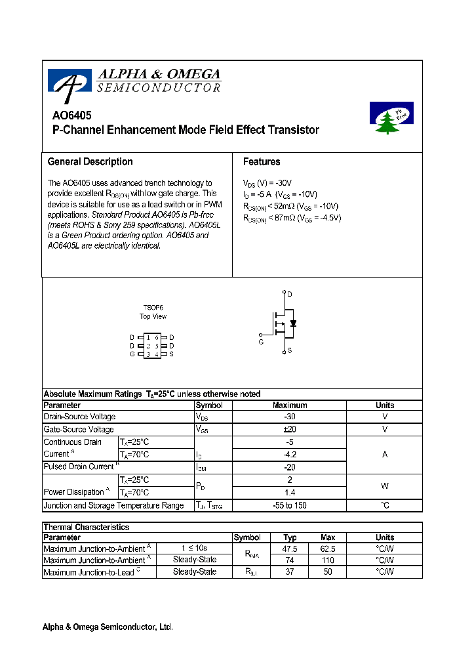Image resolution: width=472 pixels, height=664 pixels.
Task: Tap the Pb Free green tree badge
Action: click(391, 118)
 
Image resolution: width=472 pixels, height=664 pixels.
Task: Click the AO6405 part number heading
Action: click(71, 114)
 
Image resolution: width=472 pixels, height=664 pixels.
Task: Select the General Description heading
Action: click(90, 162)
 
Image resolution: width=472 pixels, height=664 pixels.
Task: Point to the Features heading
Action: click(262, 162)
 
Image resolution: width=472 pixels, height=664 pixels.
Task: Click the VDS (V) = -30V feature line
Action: click(267, 183)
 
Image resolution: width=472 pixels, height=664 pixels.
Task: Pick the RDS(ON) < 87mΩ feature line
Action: click(292, 218)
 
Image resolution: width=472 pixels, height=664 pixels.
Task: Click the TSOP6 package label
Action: click(153, 307)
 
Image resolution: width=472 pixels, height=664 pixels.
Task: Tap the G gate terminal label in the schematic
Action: click(261, 342)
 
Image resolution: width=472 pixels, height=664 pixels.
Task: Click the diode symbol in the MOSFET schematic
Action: click(293, 323)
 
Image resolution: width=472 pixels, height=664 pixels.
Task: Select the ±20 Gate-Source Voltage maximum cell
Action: click(289, 429)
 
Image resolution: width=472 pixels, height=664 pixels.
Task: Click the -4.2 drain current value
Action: click(289, 454)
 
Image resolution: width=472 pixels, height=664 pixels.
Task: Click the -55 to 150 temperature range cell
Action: click(289, 505)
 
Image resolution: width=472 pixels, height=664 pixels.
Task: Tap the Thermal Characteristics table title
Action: click(86, 527)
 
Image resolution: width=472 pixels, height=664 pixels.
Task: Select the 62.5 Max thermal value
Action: click(328, 549)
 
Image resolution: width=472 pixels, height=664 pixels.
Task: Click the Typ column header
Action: click(290, 537)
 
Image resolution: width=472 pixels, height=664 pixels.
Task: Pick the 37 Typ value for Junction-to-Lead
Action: click(290, 571)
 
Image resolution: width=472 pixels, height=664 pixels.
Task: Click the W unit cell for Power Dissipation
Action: click(385, 486)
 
